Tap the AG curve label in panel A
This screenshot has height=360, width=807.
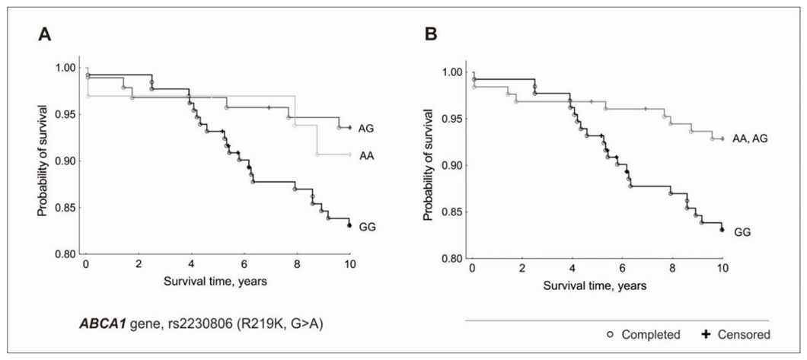[365, 128]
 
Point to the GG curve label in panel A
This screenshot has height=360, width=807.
[365, 226]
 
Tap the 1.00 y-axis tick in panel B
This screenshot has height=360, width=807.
[451, 73]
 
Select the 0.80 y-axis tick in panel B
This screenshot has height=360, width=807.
[451, 258]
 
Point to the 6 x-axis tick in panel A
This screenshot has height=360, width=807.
[244, 263]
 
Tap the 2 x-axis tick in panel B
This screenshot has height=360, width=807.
[523, 268]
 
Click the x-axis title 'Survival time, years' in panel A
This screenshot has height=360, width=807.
[216, 280]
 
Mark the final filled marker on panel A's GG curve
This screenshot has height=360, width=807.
[349, 225]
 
